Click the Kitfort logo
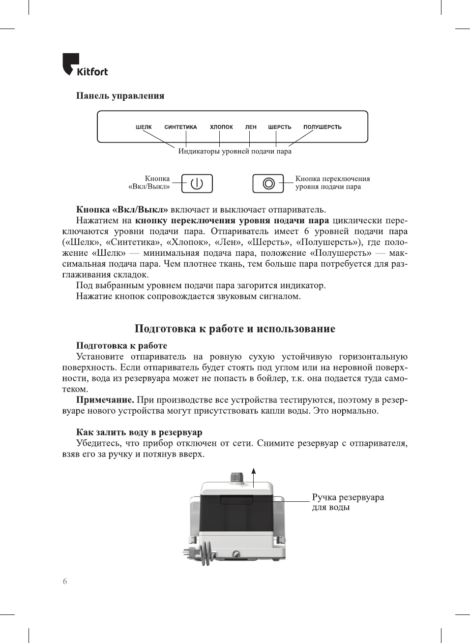point(85,65)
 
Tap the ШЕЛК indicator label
point(144,127)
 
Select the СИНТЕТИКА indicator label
point(180,127)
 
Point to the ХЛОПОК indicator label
point(221,127)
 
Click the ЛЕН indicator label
point(251,127)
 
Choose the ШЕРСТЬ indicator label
point(279,127)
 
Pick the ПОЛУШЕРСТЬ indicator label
point(322,127)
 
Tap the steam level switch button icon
point(268,184)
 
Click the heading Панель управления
point(120,96)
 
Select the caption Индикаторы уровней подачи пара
point(235,152)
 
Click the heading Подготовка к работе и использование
point(235,329)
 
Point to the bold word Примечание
point(105,400)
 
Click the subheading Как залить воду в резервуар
point(139,432)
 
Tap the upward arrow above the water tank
point(254,476)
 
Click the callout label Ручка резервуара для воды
point(348,502)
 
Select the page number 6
point(65,581)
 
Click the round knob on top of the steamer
point(236,477)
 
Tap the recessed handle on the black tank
point(236,500)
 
